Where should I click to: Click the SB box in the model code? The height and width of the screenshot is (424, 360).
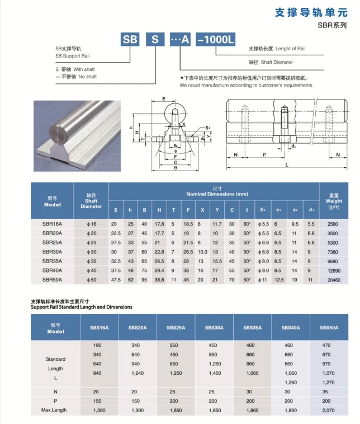click(x=130, y=40)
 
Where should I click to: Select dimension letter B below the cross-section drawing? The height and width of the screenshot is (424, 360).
click(x=176, y=167)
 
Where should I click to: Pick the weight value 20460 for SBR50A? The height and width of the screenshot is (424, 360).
click(x=334, y=279)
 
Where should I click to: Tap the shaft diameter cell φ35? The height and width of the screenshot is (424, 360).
click(x=91, y=261)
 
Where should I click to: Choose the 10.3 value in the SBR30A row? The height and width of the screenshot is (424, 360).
click(x=202, y=252)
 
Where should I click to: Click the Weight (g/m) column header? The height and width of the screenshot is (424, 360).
click(x=334, y=201)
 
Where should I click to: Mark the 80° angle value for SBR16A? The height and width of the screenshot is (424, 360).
click(x=247, y=224)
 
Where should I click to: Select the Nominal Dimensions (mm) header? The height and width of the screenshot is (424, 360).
click(x=217, y=192)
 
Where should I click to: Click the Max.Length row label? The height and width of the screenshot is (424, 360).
click(x=55, y=411)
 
